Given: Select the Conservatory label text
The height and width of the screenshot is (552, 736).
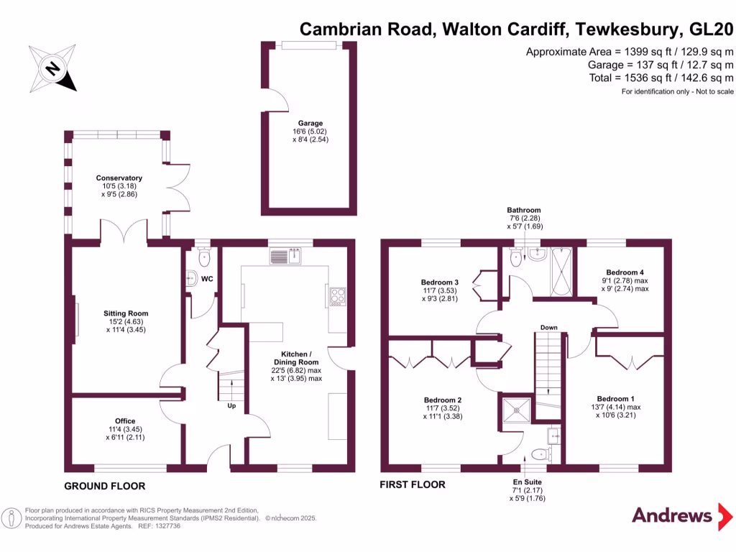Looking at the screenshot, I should (119, 178).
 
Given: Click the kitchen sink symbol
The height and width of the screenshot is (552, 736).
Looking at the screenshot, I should (288, 255).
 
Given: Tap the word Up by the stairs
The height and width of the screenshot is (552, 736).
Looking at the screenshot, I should (231, 405).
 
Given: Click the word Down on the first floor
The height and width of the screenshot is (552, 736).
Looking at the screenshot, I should (548, 328).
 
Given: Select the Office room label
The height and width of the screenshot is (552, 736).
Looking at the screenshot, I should (125, 421).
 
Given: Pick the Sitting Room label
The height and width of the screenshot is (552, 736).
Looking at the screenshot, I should (124, 313).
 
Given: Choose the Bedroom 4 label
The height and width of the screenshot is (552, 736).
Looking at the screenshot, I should (625, 272).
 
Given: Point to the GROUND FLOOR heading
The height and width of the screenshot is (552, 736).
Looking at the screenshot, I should (104, 486).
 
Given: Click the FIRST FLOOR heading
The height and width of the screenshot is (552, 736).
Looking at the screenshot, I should (413, 485).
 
